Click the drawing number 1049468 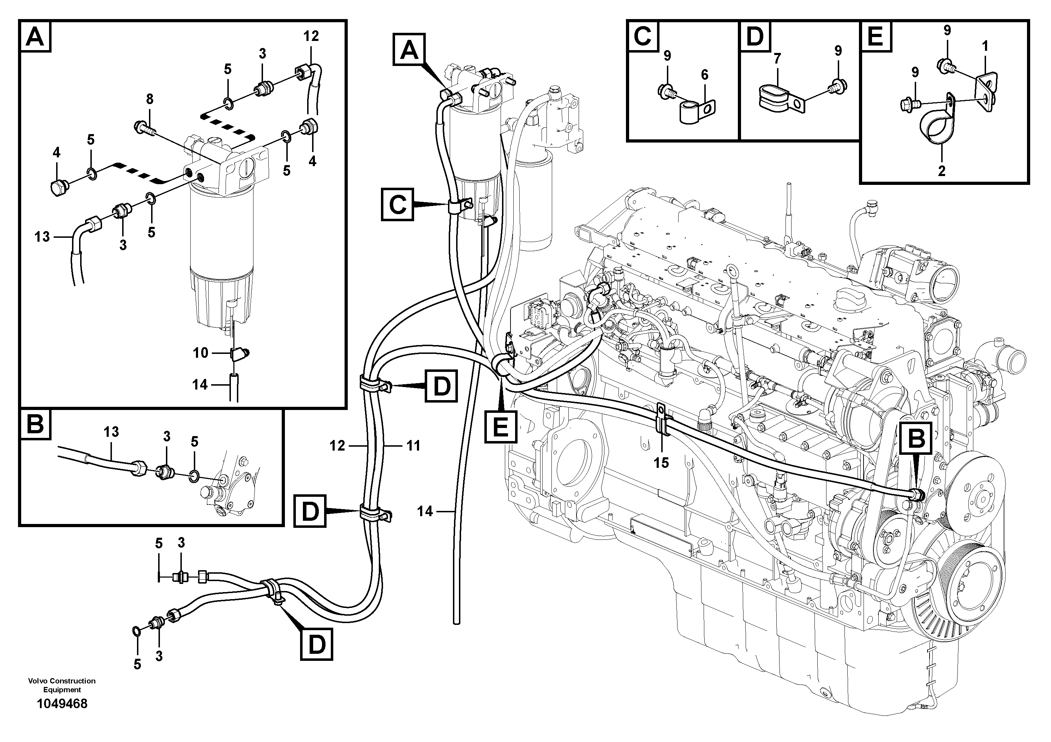click(x=62, y=704)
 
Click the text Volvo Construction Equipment click(x=62, y=685)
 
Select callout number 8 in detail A click(x=149, y=99)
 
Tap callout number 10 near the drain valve click(x=201, y=353)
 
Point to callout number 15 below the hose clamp click(x=661, y=463)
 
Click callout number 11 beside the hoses click(x=413, y=446)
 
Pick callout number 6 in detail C click(x=704, y=74)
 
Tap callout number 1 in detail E click(x=985, y=46)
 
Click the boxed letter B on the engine click(x=916, y=439)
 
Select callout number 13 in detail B click(x=111, y=432)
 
